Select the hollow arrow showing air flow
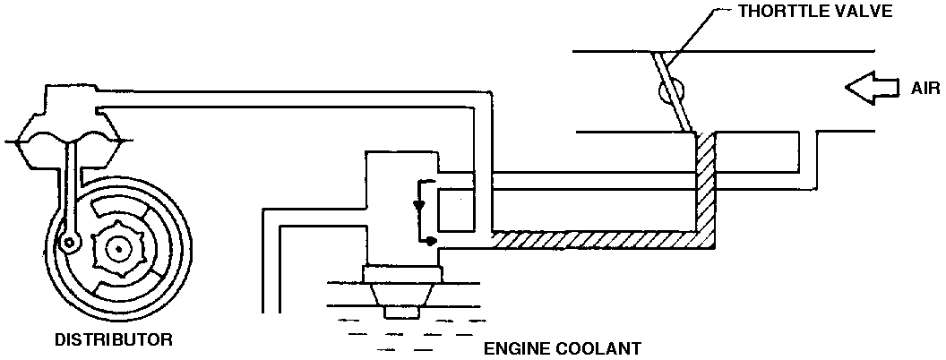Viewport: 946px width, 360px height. (x=873, y=88)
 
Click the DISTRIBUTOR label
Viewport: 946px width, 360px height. (x=114, y=340)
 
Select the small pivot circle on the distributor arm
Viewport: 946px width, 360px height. (x=67, y=240)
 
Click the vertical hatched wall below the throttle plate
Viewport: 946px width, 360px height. (x=705, y=184)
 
